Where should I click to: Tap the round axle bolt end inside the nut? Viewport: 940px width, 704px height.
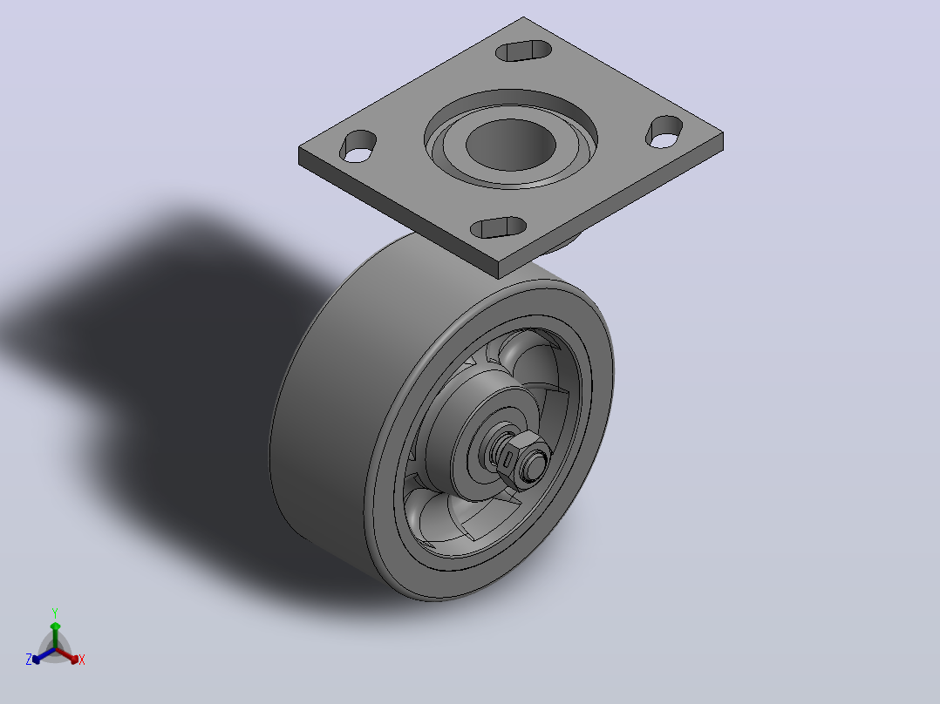tap(535, 464)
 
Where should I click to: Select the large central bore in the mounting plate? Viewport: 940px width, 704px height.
tap(511, 144)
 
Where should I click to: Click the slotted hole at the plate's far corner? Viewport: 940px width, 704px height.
tap(524, 51)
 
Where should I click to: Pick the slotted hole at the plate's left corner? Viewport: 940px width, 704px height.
tap(358, 146)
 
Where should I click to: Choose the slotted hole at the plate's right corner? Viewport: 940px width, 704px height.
tap(664, 132)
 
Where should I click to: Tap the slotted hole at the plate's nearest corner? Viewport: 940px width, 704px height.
tap(498, 227)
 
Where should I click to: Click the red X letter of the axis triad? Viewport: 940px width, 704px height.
tap(82, 660)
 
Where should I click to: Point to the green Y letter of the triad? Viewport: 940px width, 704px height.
tap(55, 613)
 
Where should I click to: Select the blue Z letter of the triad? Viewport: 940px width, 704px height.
tap(29, 660)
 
